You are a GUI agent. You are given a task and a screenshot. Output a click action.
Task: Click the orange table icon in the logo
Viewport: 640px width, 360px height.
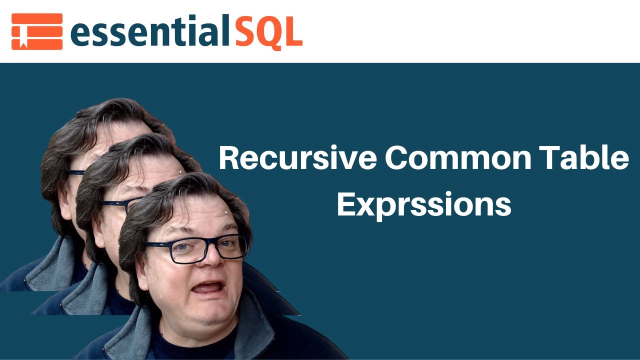tap(37, 31)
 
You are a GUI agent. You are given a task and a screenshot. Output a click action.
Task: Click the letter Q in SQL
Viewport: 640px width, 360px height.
tap(269, 33)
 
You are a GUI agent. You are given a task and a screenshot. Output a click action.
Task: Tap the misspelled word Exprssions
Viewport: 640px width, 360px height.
tap(424, 203)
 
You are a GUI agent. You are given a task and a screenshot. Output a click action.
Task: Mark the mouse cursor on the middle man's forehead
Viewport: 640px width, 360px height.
tap(180, 172)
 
